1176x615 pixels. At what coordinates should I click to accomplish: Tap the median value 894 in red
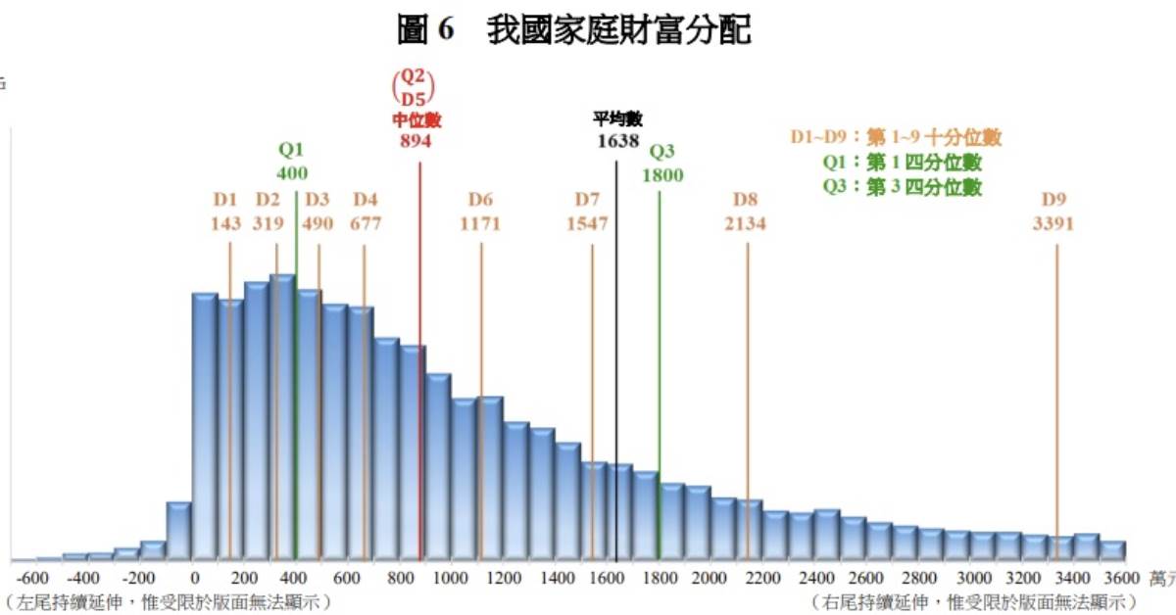point(416,140)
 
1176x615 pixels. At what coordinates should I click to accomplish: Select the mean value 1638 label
point(617,140)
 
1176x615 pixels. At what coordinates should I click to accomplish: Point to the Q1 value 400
point(292,173)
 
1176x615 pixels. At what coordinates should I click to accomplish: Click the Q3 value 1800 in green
point(662,175)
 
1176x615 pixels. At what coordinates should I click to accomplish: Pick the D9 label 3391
point(1053,223)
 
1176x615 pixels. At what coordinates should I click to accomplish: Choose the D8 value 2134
point(745,223)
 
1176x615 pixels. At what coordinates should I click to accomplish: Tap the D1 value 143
point(225,223)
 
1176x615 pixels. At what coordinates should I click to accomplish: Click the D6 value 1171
point(480,223)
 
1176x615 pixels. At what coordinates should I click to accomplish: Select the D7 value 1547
point(587,223)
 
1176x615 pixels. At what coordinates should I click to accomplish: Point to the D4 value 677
point(366,223)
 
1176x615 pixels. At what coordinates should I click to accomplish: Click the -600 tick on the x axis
point(33,578)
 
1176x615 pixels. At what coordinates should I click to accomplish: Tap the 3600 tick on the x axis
point(1121,578)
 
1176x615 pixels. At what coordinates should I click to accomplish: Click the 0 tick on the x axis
point(195,578)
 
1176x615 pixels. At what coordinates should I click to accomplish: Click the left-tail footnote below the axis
point(167,600)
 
